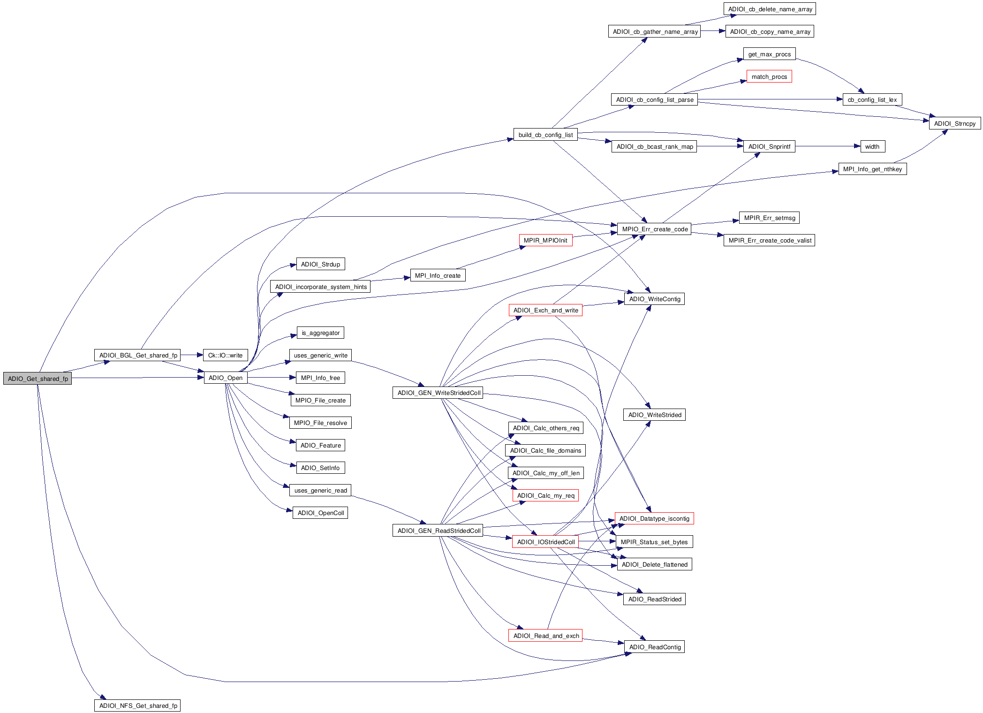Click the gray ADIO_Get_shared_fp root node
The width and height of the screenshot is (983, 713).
(38, 379)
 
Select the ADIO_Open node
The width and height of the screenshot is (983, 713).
(226, 378)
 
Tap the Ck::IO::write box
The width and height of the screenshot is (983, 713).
(225, 355)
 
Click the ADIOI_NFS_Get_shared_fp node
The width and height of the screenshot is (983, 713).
(137, 705)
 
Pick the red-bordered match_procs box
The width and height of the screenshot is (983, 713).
(769, 76)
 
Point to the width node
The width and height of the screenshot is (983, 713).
(872, 146)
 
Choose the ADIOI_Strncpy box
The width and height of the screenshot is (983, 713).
(954, 123)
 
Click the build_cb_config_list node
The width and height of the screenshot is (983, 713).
(545, 135)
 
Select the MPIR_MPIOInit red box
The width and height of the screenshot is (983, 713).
(545, 240)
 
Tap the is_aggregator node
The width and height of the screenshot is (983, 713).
(321, 333)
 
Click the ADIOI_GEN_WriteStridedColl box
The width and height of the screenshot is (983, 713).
(439, 393)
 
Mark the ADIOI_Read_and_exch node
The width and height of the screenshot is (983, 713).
(546, 636)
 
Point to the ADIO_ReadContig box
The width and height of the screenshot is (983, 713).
(655, 647)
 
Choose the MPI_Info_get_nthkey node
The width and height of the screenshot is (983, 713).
(872, 169)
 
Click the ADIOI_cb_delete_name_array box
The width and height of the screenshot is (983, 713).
(770, 9)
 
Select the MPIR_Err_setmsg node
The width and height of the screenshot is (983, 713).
(770, 218)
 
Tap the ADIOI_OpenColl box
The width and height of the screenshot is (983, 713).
(321, 513)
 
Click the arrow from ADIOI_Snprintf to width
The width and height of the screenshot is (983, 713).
(828, 146)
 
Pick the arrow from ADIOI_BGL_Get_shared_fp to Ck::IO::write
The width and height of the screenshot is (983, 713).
(192, 355)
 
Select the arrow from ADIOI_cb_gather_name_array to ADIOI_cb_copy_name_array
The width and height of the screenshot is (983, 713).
(713, 31)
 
